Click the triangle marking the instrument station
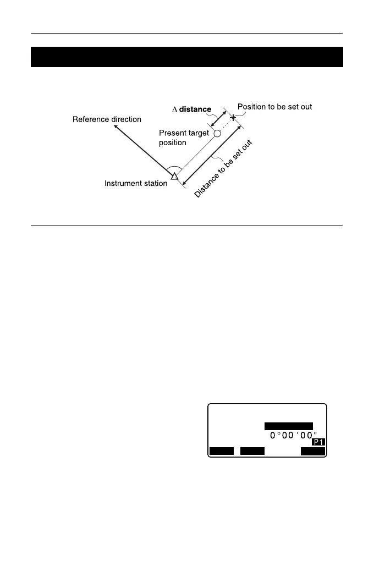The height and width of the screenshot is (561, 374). click(173, 177)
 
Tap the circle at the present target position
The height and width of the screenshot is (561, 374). click(217, 134)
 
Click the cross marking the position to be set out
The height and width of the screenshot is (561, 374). click(233, 118)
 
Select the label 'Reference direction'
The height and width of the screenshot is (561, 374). click(107, 119)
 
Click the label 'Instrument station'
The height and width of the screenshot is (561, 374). click(136, 183)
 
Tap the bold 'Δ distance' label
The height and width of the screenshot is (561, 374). click(191, 109)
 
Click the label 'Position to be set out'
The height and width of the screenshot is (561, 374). click(274, 107)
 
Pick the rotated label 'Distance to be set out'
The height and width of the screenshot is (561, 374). click(226, 170)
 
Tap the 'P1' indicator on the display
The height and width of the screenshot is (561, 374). click(318, 442)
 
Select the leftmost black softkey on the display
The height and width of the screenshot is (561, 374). click(221, 452)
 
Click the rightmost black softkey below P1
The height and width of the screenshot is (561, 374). click(313, 452)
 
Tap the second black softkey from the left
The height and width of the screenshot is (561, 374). click(252, 452)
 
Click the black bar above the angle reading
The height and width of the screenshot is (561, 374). click(289, 426)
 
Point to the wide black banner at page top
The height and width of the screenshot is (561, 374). click(186, 57)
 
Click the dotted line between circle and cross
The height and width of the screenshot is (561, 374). click(226, 125)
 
